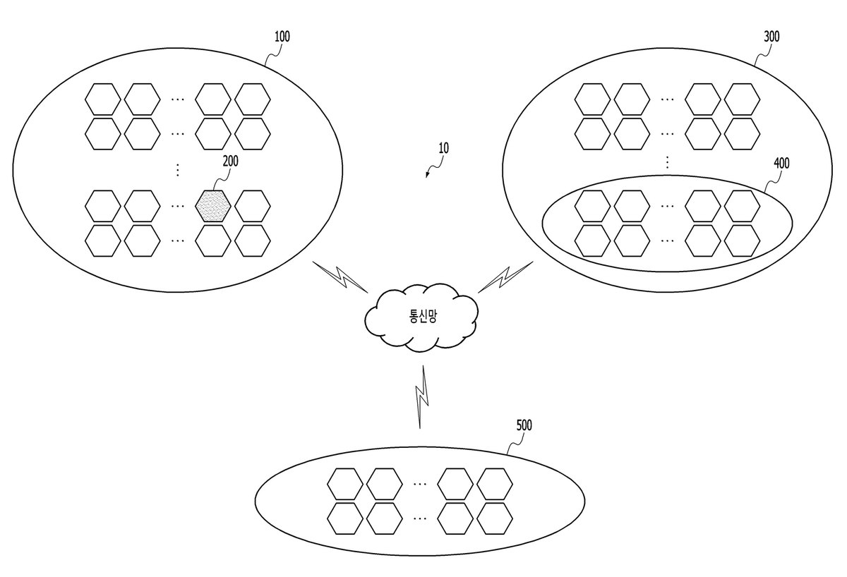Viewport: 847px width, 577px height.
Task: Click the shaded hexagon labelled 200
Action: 213,206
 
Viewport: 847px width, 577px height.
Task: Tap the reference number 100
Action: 282,37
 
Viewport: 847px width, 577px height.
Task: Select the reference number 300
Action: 771,37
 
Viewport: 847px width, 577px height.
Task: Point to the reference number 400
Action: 781,163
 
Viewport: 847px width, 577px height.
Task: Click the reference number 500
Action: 524,425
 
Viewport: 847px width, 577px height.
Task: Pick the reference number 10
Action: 443,147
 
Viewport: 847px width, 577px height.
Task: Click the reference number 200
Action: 231,162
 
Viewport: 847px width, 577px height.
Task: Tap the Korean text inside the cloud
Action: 423,316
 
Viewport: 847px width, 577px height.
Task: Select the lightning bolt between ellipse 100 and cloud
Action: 340,277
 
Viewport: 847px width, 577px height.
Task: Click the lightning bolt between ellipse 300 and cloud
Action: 505,277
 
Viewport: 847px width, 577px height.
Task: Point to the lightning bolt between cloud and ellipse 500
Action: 422,396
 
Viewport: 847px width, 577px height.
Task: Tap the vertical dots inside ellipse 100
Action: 178,170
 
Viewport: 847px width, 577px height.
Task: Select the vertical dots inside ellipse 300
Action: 668,162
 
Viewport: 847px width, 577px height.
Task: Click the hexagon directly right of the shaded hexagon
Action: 253,206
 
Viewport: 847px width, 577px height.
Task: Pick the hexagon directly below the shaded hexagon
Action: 213,241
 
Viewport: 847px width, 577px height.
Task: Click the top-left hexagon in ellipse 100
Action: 103,99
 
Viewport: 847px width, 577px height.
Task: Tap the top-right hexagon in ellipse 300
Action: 742,99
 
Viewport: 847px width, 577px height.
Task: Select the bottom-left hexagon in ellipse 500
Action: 345,518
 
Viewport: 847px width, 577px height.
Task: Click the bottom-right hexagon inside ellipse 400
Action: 742,241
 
